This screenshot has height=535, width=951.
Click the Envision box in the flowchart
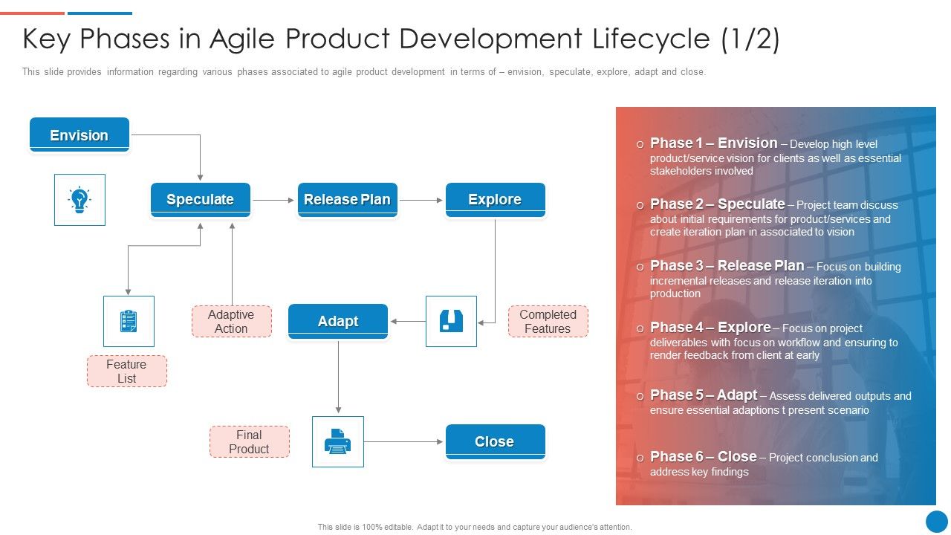(x=79, y=134)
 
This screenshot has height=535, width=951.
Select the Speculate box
(x=200, y=199)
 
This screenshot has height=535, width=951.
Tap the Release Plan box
(x=347, y=199)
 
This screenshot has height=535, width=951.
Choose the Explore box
(x=495, y=199)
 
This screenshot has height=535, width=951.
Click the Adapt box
(x=338, y=321)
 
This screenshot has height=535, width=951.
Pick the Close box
(x=495, y=441)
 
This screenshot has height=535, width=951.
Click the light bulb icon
(x=79, y=200)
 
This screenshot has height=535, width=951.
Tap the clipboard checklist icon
(x=129, y=321)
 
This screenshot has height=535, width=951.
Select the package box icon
(x=451, y=321)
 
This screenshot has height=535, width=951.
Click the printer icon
(x=338, y=441)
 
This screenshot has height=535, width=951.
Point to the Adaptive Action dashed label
(x=231, y=321)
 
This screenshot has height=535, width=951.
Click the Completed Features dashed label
(x=548, y=321)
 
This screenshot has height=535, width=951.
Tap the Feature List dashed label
(x=126, y=371)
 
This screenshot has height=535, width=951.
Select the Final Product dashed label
(x=249, y=441)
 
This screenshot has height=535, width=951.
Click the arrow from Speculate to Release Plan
(x=273, y=200)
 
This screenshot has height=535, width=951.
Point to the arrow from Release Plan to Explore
(x=421, y=200)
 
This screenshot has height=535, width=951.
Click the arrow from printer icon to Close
(x=404, y=441)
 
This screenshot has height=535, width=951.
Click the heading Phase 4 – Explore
(x=710, y=327)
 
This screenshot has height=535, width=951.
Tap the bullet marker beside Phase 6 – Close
(x=640, y=458)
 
